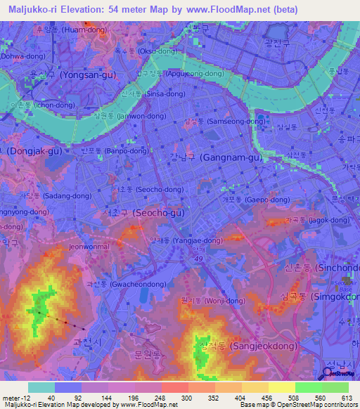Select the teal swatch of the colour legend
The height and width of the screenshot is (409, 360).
tap(41, 387)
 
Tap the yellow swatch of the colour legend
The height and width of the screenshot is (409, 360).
tap(282, 387)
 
